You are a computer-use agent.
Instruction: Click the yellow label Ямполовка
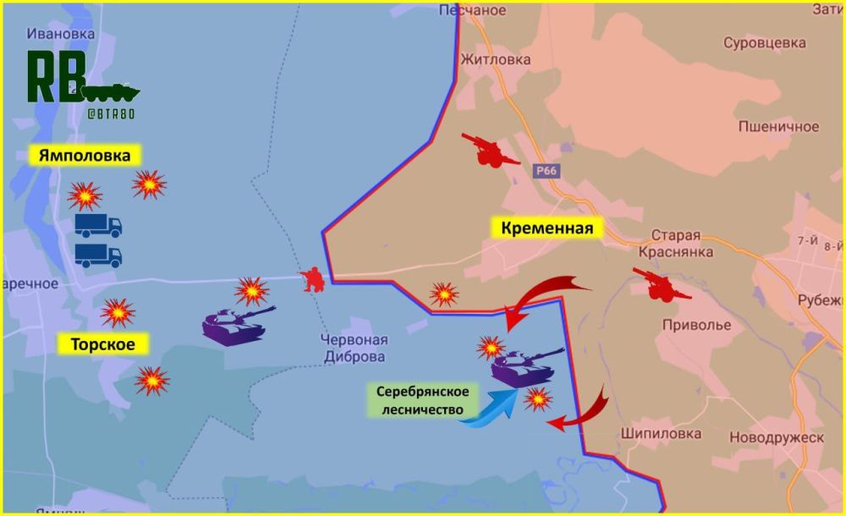pyautogui.click(x=85, y=156)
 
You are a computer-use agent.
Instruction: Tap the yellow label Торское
pyautogui.click(x=97, y=343)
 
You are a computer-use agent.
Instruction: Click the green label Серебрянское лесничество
pyautogui.click(x=421, y=401)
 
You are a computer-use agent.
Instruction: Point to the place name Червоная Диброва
pyautogui.click(x=354, y=348)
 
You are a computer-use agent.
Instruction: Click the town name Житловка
pyautogui.click(x=495, y=59)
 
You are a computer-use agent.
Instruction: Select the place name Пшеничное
pyautogui.click(x=778, y=126)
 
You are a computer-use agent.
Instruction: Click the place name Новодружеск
pyautogui.click(x=776, y=436)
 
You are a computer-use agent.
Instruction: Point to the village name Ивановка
pyautogui.click(x=60, y=34)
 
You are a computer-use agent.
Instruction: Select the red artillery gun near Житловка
pyautogui.click(x=491, y=149)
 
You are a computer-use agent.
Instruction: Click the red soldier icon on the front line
pyautogui.click(x=314, y=279)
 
